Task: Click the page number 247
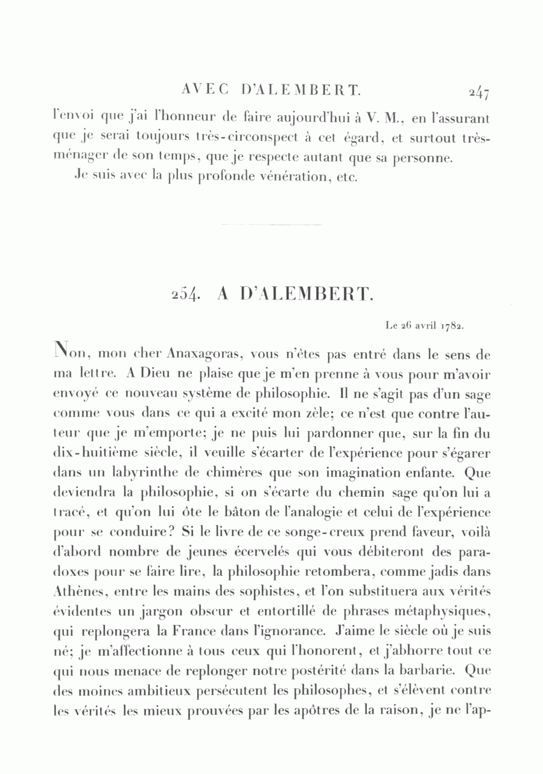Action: pyautogui.click(x=477, y=93)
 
